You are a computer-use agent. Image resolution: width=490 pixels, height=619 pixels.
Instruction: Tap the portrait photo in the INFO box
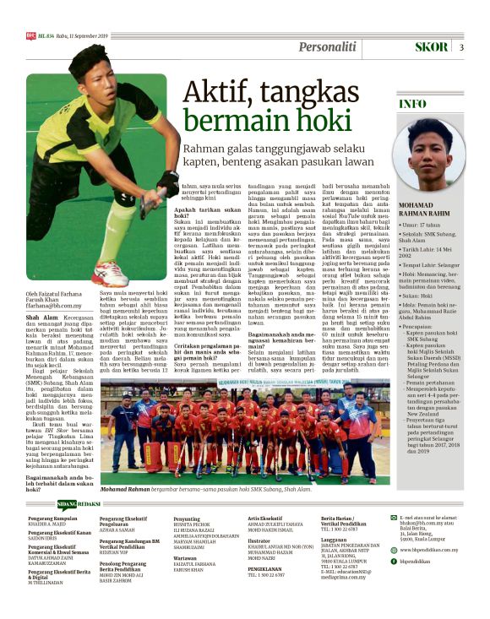440,154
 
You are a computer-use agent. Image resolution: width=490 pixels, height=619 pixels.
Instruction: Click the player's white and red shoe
110,274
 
